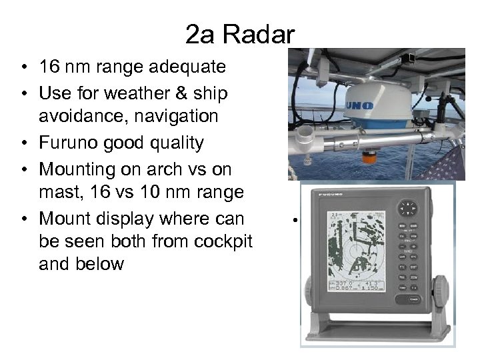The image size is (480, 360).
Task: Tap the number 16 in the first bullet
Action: point(50,67)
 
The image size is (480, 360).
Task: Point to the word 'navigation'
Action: point(173,117)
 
